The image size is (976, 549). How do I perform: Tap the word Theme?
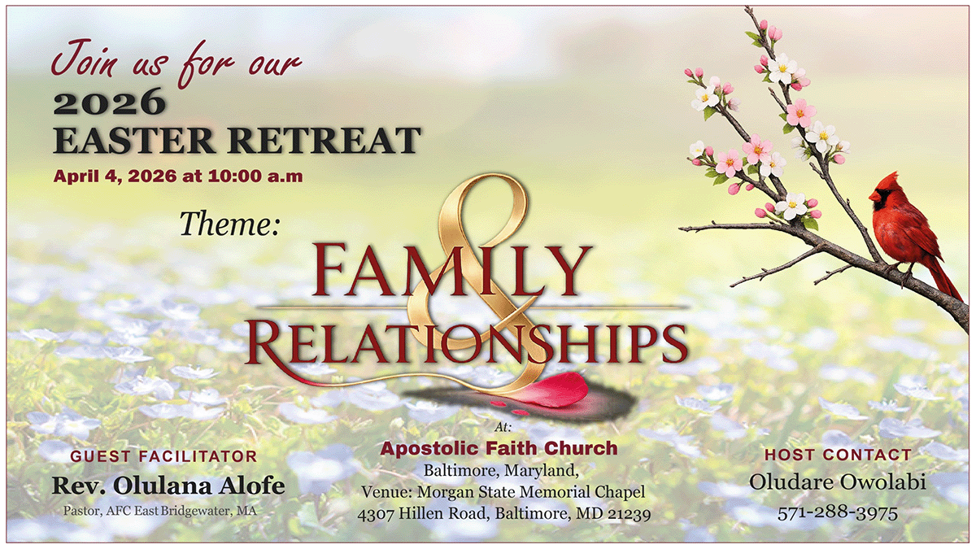(229, 224)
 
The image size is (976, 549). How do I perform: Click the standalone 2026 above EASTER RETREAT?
(109, 102)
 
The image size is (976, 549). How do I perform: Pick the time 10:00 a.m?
(255, 176)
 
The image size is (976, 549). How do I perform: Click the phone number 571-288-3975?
(838, 513)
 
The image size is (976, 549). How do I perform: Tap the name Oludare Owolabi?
(838, 482)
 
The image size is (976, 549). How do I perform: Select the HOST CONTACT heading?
(838, 455)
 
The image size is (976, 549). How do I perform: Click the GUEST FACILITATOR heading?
(163, 456)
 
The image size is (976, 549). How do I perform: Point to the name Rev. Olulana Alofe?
(168, 486)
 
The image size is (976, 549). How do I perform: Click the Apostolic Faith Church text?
(499, 448)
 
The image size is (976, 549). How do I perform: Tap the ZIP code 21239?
(630, 514)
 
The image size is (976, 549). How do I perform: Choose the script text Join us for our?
(176, 63)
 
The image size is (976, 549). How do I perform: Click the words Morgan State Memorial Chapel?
(531, 492)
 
